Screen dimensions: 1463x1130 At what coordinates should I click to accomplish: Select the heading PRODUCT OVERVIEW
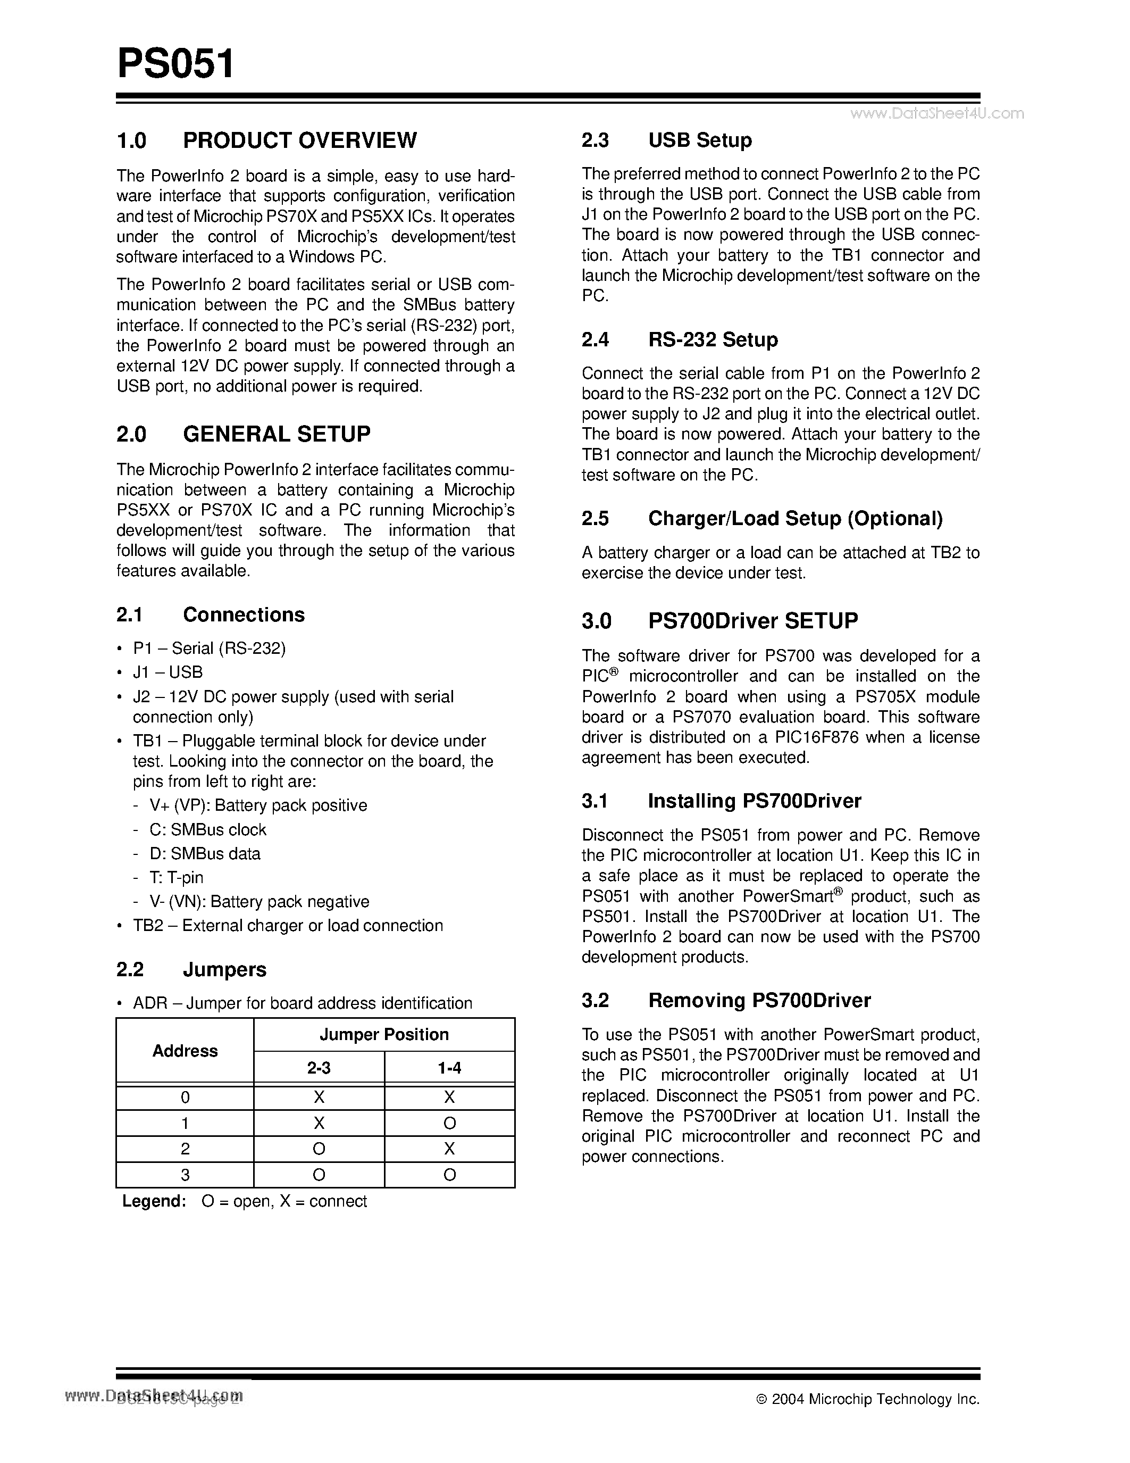coord(299,140)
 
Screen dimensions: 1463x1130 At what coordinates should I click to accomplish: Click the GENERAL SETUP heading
coord(276,434)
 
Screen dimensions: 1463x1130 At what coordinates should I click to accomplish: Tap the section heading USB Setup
coord(700,140)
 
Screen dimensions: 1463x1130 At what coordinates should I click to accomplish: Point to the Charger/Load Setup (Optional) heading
coord(796,519)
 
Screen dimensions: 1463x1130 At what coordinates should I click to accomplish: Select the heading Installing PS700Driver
coord(754,801)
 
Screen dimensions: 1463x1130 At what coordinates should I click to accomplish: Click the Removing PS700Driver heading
coord(759,1000)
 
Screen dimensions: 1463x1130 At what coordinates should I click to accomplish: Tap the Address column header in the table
coord(185,1050)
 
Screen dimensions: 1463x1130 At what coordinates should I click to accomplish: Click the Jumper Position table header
coord(383,1034)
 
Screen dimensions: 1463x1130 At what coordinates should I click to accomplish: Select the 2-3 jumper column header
coord(319,1068)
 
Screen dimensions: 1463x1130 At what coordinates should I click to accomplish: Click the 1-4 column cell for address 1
coord(449,1123)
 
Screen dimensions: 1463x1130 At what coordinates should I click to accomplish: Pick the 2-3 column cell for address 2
coord(319,1149)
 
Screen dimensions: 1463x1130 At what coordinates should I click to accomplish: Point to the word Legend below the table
coord(153,1201)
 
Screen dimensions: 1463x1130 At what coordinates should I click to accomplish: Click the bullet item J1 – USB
coord(168,672)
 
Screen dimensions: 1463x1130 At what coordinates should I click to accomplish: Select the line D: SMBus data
coord(204,853)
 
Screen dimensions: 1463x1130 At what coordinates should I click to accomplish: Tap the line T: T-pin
coord(176,877)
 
